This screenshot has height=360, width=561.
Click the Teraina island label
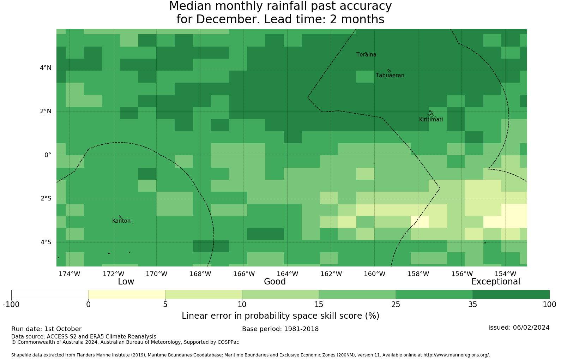tap(366, 55)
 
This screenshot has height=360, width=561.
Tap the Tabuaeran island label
tap(390, 76)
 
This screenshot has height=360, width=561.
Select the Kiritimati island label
tap(431, 120)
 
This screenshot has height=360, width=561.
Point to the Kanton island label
tap(121, 221)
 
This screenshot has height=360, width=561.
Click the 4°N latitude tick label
tap(46, 68)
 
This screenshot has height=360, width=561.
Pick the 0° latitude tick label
tap(48, 155)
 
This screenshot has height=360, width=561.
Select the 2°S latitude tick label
tap(46, 198)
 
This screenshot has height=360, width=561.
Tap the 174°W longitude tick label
tap(69, 274)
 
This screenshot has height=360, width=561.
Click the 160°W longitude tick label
tap(374, 274)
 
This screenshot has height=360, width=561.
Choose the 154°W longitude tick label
tap(505, 274)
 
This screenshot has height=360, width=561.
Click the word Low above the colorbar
tap(126, 282)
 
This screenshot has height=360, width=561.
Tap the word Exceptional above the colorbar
tap(496, 282)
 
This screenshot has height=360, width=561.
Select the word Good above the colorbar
tap(275, 282)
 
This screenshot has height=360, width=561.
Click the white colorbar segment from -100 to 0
tap(50, 294)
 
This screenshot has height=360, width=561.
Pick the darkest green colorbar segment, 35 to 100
tap(511, 294)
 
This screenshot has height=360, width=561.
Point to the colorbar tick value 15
tap(319, 305)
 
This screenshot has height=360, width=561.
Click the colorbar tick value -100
tap(11, 305)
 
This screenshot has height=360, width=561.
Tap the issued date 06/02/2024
tap(531, 328)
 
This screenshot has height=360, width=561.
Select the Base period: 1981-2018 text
tap(280, 329)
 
